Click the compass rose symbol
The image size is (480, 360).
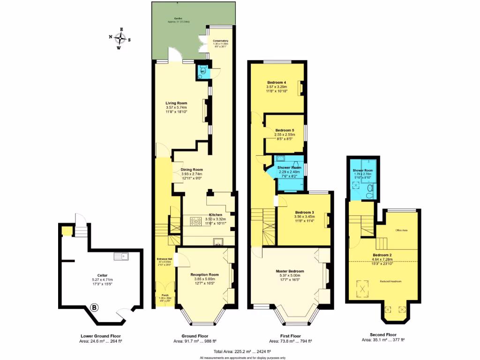pyautogui.click(x=121, y=37)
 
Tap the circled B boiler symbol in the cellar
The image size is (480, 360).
pyautogui.click(x=95, y=308)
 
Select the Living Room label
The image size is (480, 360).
pyautogui.click(x=176, y=103)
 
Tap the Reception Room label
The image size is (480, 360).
pyautogui.click(x=204, y=275)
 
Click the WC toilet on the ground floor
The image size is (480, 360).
pyautogui.click(x=202, y=72)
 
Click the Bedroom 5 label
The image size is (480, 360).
pyautogui.click(x=285, y=130)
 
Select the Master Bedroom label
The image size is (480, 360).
pyautogui.click(x=289, y=271)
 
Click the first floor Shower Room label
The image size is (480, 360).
pyautogui.click(x=289, y=167)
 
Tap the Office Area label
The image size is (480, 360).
pyautogui.click(x=402, y=230)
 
